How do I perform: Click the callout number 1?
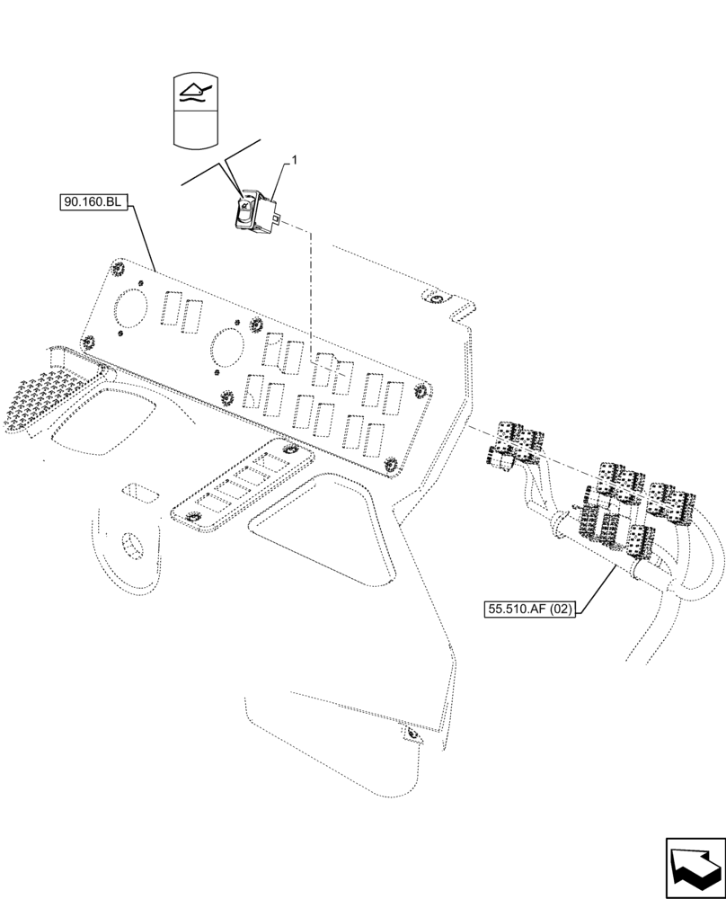pyautogui.click(x=293, y=160)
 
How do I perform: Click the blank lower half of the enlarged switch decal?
pyautogui.click(x=196, y=130)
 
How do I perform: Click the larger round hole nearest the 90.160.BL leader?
pyautogui.click(x=130, y=307)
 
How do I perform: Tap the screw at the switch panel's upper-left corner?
pyautogui.click(x=117, y=267)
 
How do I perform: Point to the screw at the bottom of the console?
pyautogui.click(x=412, y=736)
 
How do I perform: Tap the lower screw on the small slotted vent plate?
pyautogui.click(x=191, y=517)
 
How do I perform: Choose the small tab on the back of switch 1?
pyautogui.click(x=283, y=219)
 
